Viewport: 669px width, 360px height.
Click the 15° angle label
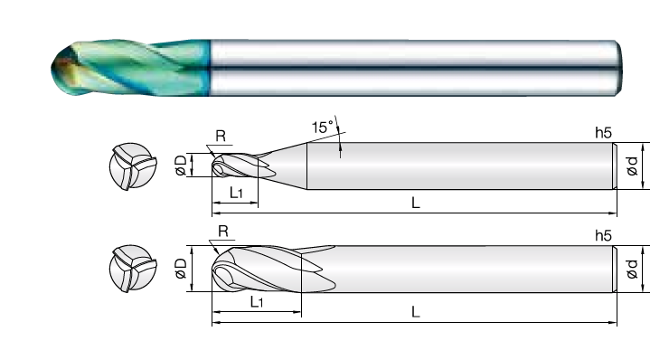pyautogui.click(x=322, y=128)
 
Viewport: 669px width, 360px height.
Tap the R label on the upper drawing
pyautogui.click(x=221, y=137)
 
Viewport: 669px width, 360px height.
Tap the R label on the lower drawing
pyautogui.click(x=223, y=232)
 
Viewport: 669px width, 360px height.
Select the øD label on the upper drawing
pyautogui.click(x=181, y=165)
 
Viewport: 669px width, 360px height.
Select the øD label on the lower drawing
pyautogui.click(x=181, y=268)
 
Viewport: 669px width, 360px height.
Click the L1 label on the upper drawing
pyautogui.click(x=236, y=193)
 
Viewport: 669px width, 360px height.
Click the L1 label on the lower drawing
pyautogui.click(x=257, y=302)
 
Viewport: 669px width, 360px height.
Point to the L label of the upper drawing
pyautogui.click(x=416, y=203)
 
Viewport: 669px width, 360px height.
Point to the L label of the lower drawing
pyautogui.click(x=416, y=312)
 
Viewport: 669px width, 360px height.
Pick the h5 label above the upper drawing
pyautogui.click(x=603, y=133)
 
